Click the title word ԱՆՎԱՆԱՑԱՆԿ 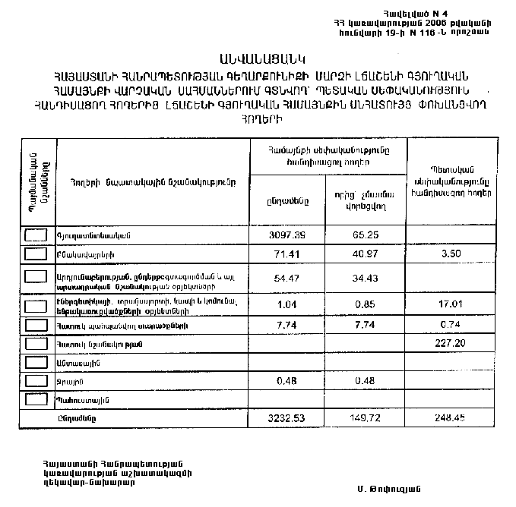click(258, 58)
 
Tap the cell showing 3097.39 click(288, 235)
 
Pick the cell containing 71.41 click(288, 253)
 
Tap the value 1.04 click(288, 306)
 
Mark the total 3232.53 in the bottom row click(288, 417)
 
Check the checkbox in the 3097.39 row click(37, 235)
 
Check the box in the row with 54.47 click(37, 278)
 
